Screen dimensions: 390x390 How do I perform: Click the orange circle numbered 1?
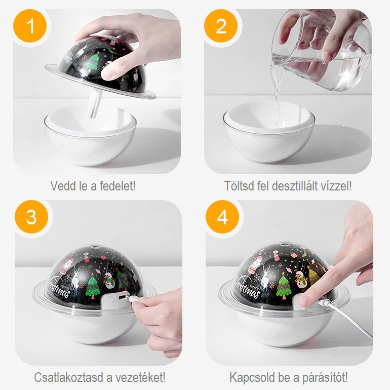[30, 26]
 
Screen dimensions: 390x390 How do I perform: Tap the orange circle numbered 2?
[221, 26]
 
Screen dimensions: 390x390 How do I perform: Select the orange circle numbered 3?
[31, 217]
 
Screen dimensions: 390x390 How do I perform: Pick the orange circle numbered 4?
[222, 217]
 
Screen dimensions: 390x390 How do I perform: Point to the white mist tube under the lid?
[94, 103]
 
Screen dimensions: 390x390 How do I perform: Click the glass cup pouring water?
[321, 50]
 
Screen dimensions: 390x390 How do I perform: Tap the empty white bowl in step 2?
[268, 132]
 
